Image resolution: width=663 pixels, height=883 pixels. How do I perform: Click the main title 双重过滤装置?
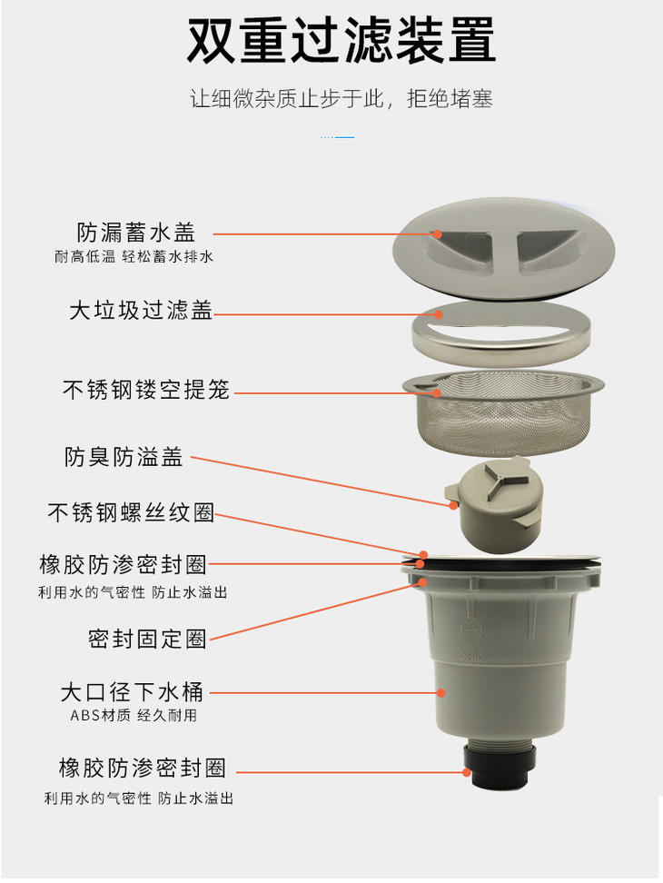341,40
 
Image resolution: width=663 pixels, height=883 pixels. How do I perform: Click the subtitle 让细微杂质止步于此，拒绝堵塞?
341,98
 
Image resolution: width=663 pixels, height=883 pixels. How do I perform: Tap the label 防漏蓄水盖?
136,232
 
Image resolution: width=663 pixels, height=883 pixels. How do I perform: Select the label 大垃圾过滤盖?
141,311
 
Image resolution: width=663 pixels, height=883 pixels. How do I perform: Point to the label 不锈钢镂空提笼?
146,389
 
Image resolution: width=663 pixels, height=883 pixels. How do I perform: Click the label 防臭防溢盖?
124,457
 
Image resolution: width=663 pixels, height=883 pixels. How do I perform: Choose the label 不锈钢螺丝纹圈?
131,512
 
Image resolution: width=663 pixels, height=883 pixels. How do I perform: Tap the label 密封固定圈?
147,639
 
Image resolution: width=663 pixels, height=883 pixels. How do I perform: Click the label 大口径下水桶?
132,692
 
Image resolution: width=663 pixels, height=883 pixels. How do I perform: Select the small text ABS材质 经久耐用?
134,715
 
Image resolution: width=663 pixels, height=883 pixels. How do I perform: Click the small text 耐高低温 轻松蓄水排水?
134,257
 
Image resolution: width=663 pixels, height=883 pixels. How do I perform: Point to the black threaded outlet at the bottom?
500,767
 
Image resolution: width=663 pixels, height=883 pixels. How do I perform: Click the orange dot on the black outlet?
467,772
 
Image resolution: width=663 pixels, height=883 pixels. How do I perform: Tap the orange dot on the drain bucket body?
441,692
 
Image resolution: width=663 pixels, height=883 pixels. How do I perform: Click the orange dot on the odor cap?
453,505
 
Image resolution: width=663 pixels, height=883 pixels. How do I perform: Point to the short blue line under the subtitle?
337,137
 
